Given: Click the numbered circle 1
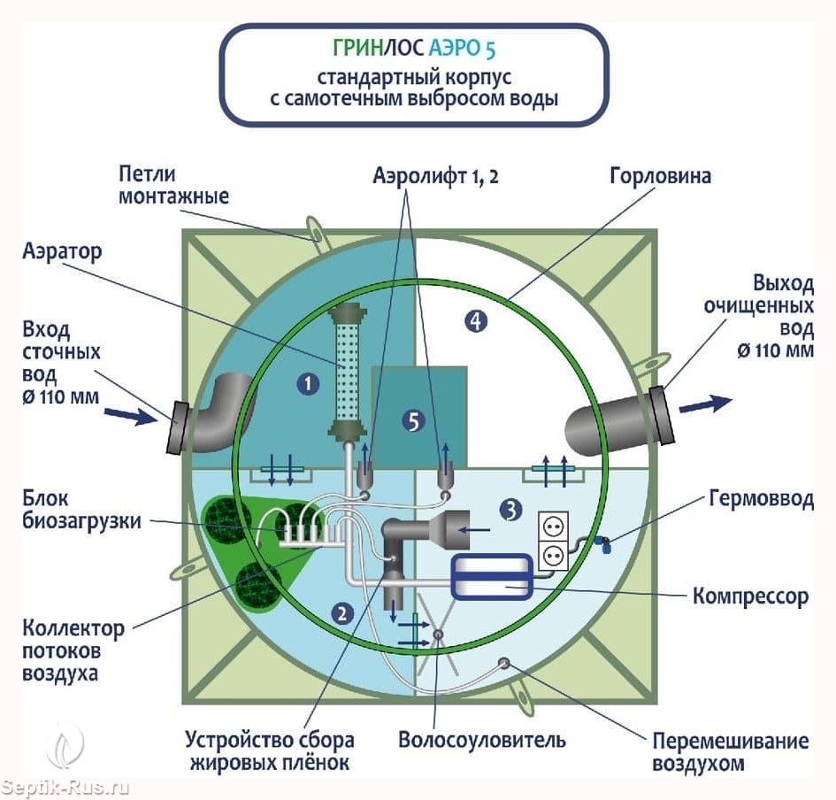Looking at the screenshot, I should point(308,383).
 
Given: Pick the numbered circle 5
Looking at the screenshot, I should point(410,421).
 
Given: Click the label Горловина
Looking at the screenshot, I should point(660,175).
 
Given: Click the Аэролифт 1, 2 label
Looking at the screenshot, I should point(433,175).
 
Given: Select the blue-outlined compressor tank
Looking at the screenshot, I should point(491,578).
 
